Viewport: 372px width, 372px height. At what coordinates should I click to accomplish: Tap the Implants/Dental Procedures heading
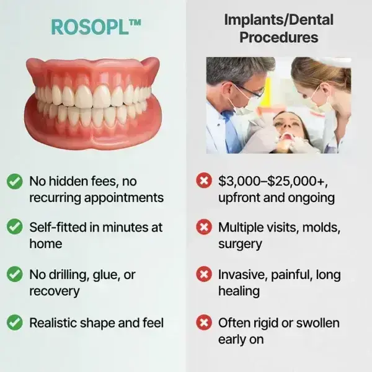278,28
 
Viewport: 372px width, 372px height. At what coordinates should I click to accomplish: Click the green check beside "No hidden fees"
14,182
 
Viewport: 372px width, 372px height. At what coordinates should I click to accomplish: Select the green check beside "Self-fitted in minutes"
14,228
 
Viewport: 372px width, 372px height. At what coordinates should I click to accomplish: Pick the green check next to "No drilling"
14,274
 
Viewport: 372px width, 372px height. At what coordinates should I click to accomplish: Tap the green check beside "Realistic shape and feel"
14,322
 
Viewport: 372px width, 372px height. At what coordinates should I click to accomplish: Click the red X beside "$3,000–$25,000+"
203,182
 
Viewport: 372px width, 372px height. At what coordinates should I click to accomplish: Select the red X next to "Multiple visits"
203,228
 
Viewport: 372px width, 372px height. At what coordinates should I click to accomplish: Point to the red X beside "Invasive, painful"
203,274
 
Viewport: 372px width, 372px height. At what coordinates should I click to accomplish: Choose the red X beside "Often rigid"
203,322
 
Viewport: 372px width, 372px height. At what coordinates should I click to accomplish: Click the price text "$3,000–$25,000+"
272,182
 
